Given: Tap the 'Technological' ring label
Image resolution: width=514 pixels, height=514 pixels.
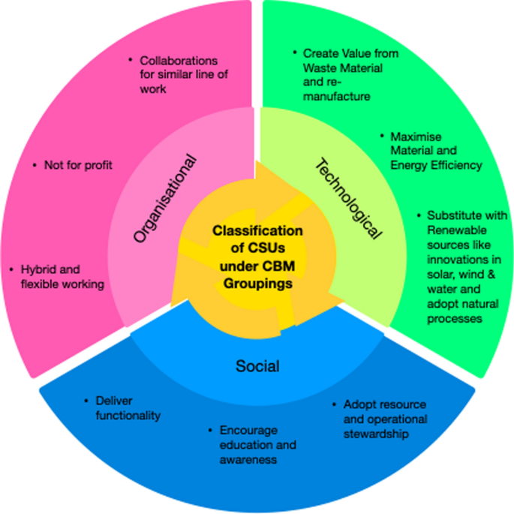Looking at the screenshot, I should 346,198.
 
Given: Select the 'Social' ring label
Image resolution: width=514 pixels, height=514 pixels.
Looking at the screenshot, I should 257,366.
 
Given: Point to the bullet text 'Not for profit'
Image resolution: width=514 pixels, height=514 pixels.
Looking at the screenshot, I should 78,165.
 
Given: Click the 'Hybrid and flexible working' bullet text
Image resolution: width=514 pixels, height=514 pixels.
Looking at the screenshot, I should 62,276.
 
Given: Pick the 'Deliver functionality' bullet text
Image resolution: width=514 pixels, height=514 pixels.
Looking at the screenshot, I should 128,407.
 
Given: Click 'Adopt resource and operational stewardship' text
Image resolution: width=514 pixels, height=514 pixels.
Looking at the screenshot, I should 384,419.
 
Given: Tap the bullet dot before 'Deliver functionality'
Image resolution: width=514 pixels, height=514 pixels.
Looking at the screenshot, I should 86,400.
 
